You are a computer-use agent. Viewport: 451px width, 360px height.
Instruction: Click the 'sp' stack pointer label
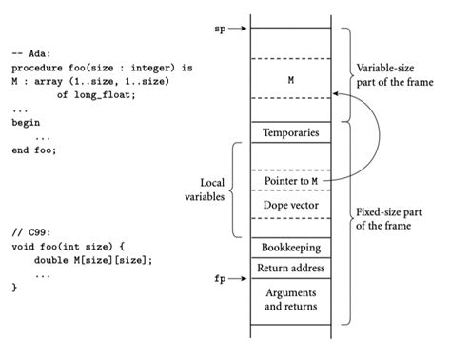coord(220,29)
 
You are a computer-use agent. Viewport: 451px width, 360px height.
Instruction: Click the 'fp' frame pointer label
coord(220,280)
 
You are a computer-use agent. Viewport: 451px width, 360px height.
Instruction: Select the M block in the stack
coord(289,81)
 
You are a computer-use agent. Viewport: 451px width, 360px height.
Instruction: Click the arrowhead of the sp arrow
coord(245,29)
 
